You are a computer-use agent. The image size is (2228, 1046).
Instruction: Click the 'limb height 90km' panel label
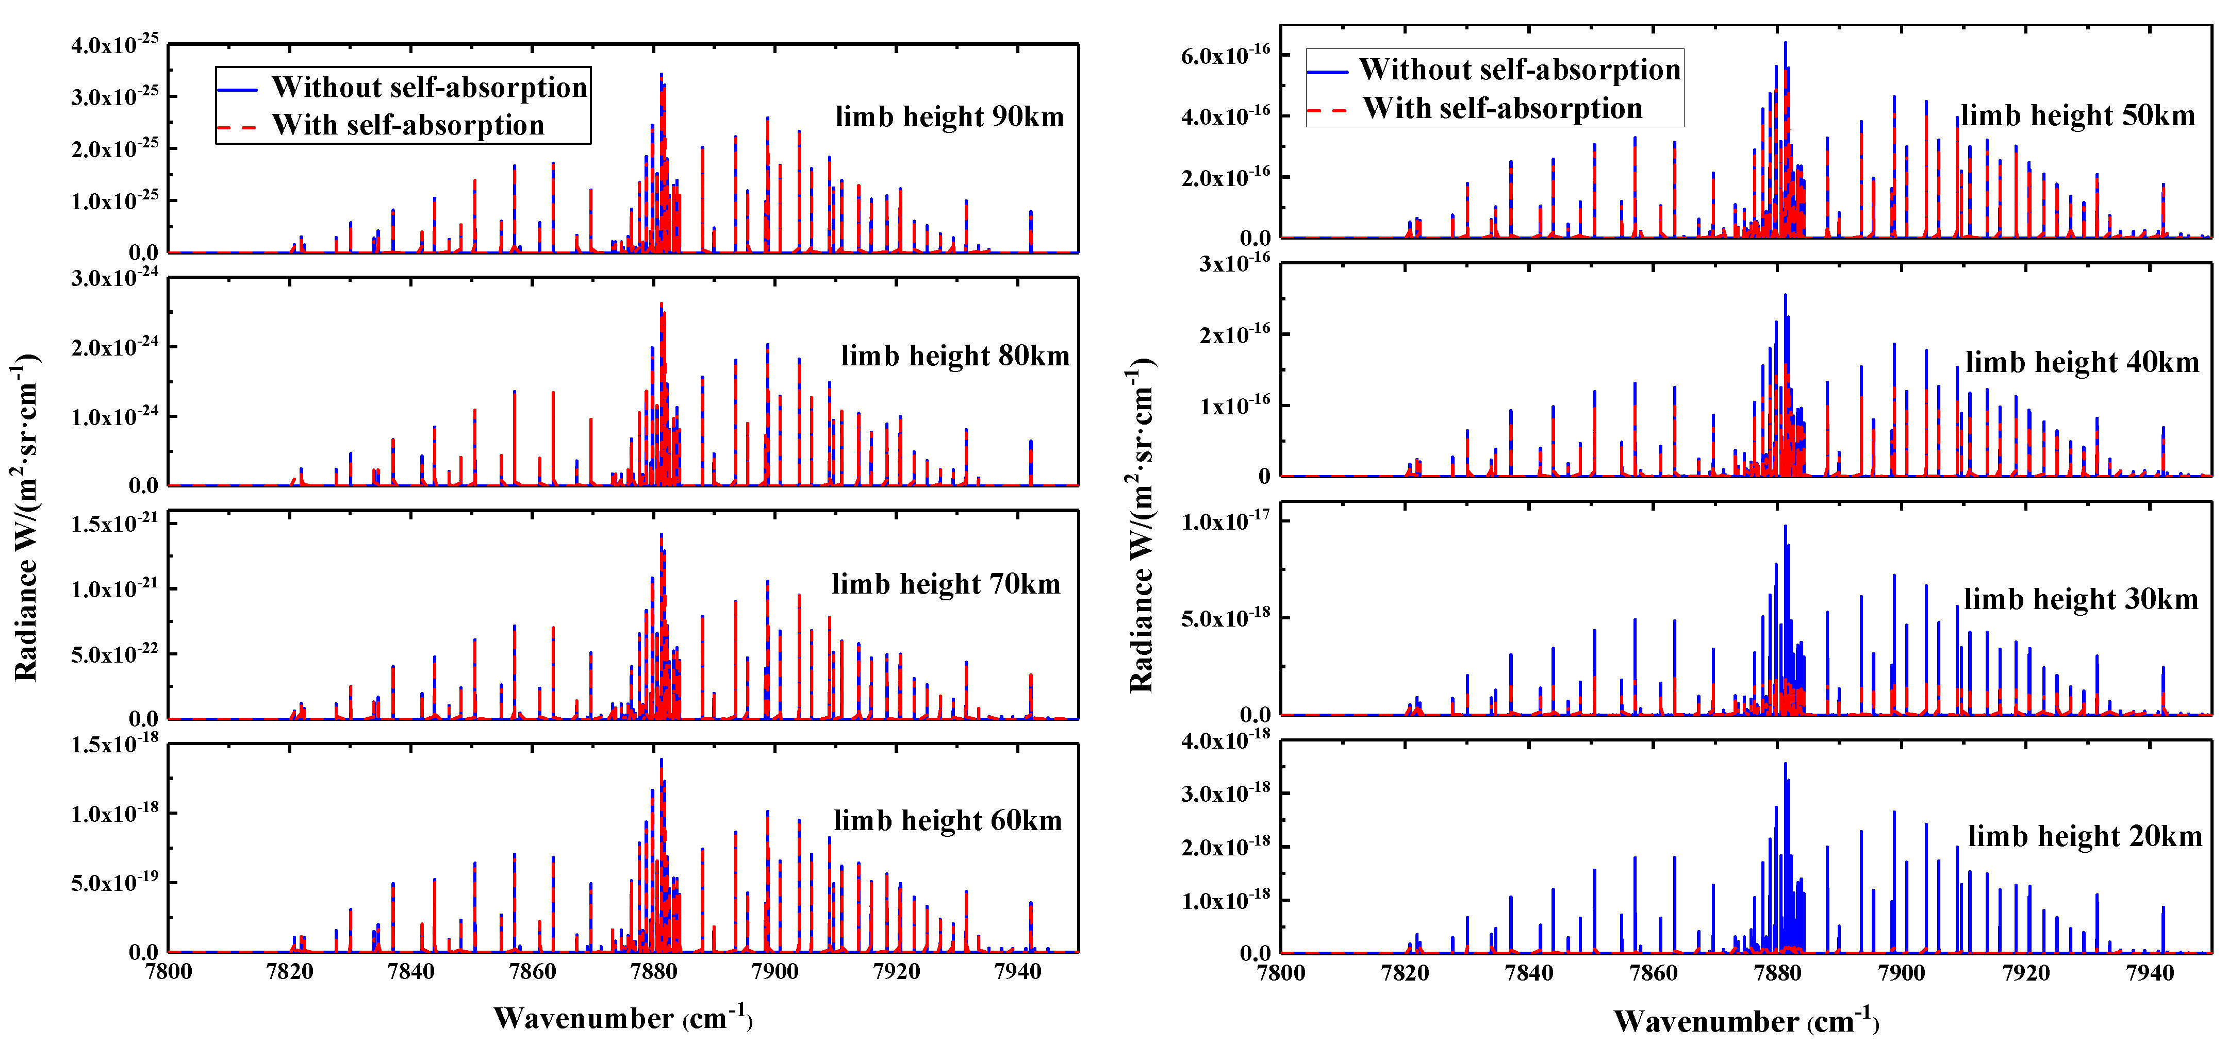click(x=949, y=116)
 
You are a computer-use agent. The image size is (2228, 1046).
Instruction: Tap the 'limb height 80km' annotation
click(x=955, y=356)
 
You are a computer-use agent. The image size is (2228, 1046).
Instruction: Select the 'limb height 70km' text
click(x=945, y=584)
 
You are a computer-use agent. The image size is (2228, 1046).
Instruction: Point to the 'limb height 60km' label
click(x=947, y=820)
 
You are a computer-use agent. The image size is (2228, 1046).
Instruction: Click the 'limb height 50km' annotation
click(x=2077, y=116)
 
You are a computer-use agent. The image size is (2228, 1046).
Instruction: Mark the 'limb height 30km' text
click(x=2080, y=599)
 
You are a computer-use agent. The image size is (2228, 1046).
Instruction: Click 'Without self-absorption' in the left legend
click(x=429, y=87)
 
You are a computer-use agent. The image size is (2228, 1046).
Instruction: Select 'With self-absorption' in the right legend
click(x=1503, y=109)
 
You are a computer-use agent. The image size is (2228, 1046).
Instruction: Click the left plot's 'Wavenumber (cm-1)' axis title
click(x=623, y=1018)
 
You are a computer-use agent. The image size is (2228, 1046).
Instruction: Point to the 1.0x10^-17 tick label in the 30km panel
click(x=1225, y=522)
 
